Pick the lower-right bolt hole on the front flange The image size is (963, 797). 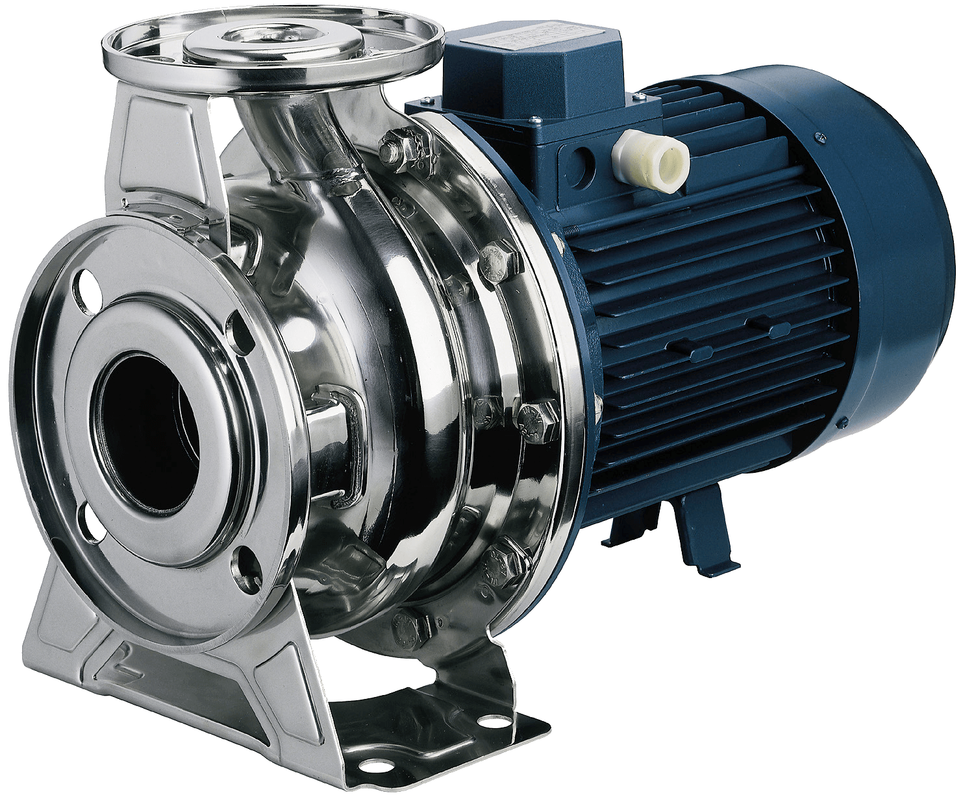(246, 561)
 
